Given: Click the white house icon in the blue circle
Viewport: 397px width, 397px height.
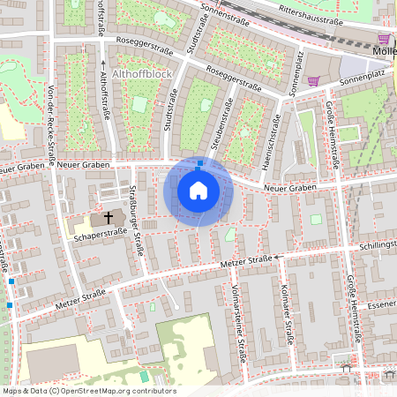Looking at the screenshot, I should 198,190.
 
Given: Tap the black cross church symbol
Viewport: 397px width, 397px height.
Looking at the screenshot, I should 109,217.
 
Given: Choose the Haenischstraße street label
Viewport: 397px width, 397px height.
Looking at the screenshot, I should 266,135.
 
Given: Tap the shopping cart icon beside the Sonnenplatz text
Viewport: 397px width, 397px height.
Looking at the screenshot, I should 313,81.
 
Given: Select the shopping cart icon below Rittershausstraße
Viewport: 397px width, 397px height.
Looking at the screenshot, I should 384,39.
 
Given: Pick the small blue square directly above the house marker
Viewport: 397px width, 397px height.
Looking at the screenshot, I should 200,163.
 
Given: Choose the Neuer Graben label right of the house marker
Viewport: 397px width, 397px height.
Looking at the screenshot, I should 289,187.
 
